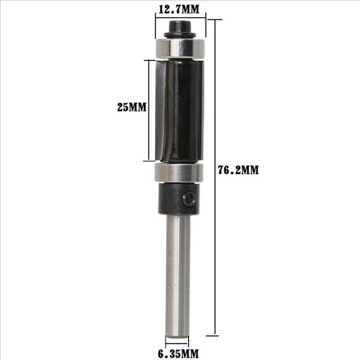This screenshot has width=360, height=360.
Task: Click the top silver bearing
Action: click(180, 48)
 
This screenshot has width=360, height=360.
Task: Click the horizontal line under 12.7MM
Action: click(180, 18)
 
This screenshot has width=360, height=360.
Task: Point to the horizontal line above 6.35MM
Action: click(177, 343)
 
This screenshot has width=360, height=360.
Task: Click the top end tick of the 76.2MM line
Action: click(215, 20)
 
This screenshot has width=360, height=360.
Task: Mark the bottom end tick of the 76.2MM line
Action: click(215, 335)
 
